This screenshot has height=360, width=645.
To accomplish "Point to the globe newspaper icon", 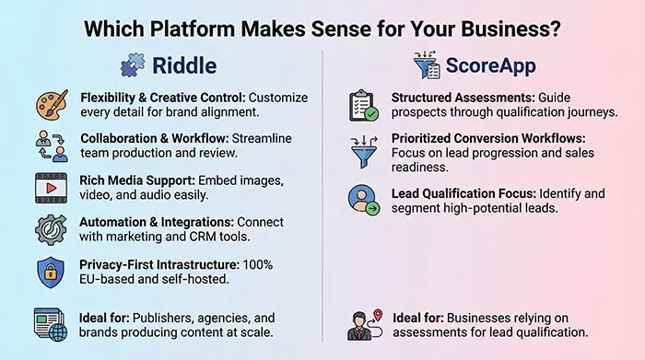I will click(x=50, y=324).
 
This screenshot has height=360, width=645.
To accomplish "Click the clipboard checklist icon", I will click(x=363, y=106).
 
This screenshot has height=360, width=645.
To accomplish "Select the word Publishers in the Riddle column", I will click(x=158, y=317).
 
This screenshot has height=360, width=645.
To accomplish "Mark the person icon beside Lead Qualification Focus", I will click(x=363, y=199).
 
